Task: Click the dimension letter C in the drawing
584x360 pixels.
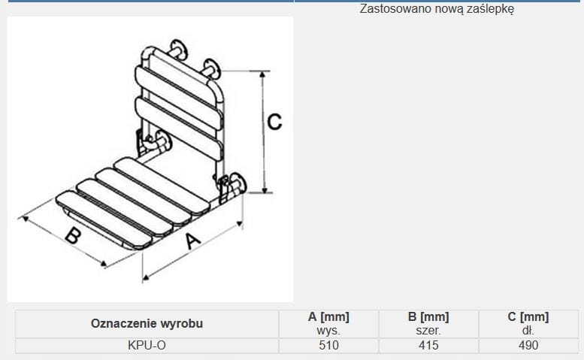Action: (x=274, y=122)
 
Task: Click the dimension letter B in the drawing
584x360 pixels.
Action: (x=74, y=235)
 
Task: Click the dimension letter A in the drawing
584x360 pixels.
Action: (x=192, y=241)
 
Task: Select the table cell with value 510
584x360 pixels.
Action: (x=328, y=346)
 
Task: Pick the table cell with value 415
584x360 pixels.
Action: (x=428, y=346)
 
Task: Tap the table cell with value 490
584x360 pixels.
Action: (x=528, y=346)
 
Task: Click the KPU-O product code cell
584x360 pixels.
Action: (x=147, y=346)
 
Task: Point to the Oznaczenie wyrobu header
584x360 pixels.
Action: (x=147, y=323)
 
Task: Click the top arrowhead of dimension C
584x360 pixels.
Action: (x=262, y=74)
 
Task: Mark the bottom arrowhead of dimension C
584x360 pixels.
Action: (x=265, y=190)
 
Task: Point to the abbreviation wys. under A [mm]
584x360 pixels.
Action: (x=328, y=330)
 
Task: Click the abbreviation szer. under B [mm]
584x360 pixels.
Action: (x=428, y=330)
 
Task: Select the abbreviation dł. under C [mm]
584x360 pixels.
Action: (x=528, y=330)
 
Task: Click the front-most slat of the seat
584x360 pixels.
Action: (x=104, y=219)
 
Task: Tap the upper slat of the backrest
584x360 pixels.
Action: (x=179, y=98)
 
